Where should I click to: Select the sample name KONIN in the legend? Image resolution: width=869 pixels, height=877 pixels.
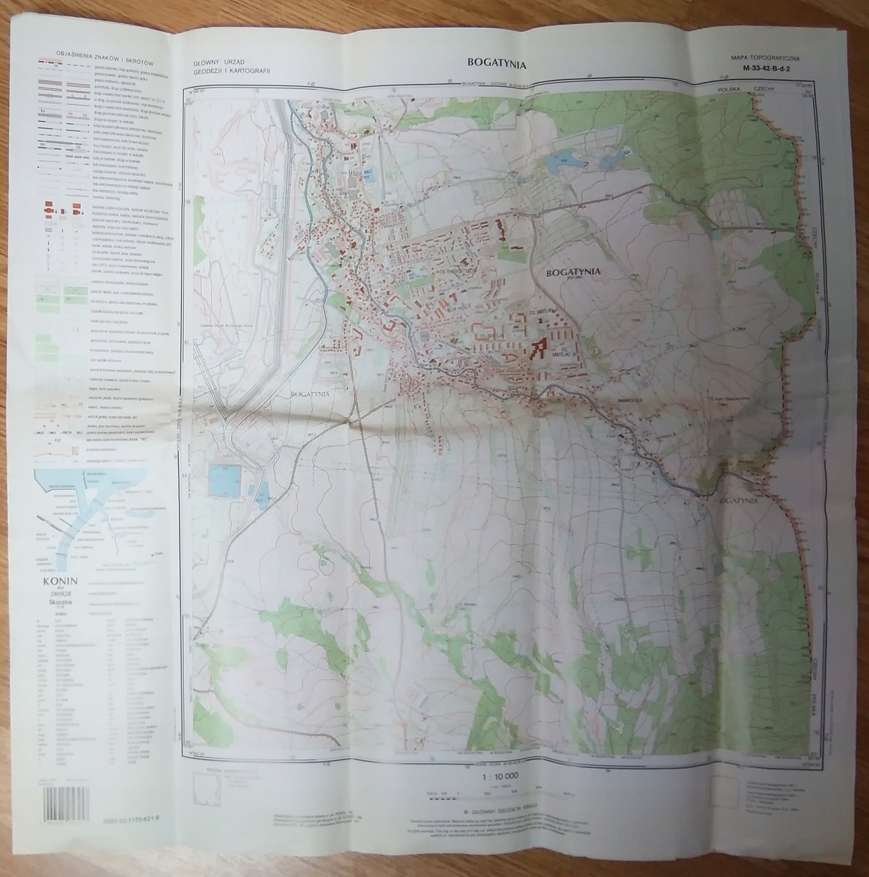click(60, 581)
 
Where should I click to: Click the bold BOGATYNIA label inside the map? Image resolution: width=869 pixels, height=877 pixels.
click(574, 272)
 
